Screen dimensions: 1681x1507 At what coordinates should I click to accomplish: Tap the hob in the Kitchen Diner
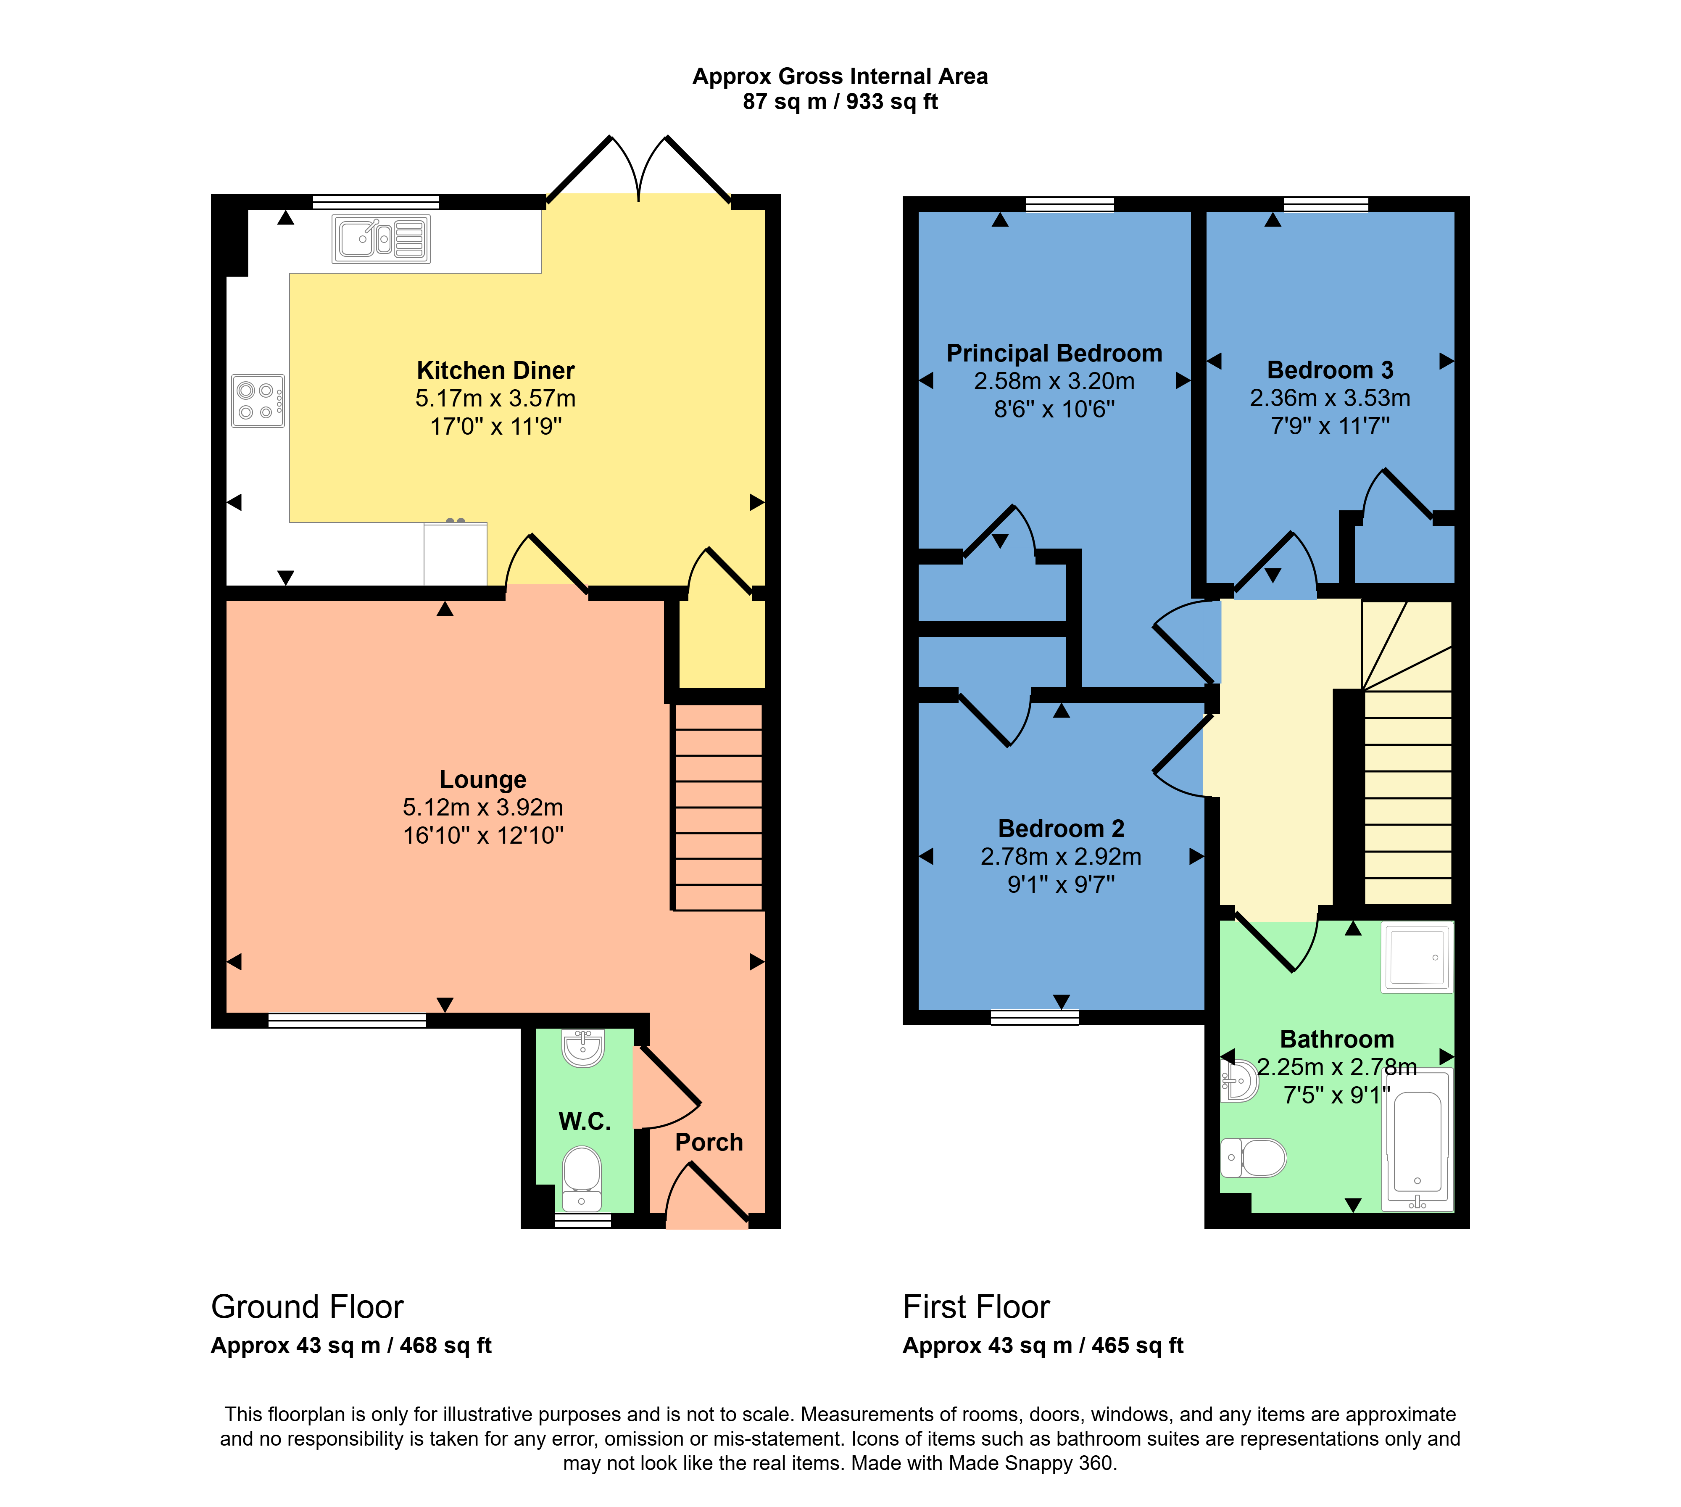click(258, 401)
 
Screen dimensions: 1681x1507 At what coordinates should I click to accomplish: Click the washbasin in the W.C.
click(583, 1048)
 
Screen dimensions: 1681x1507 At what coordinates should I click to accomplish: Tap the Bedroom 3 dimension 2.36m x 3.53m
click(1330, 398)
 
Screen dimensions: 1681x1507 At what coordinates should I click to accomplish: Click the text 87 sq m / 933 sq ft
click(840, 102)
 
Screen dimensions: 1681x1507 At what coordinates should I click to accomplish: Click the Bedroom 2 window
click(1035, 1018)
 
